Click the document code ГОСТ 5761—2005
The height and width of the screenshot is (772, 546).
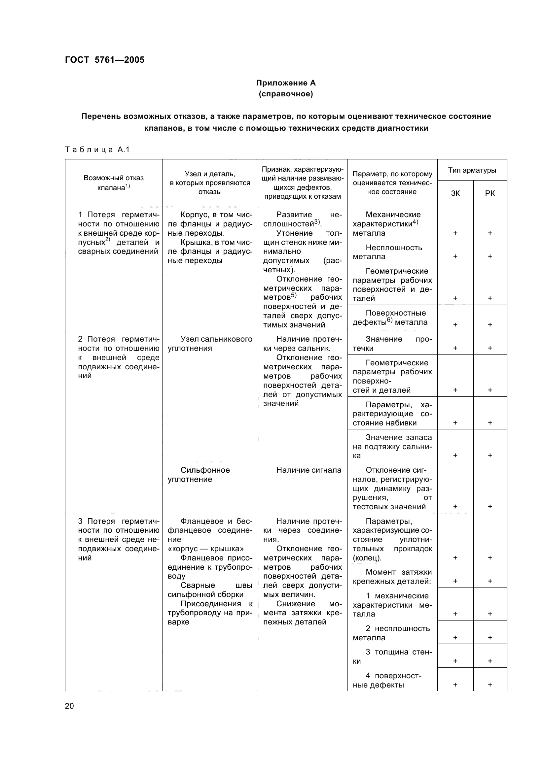pyautogui.click(x=105, y=60)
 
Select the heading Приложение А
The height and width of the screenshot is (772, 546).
pyautogui.click(x=286, y=83)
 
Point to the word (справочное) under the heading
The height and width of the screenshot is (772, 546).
pyautogui.click(x=286, y=94)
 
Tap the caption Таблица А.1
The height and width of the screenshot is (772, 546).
pyautogui.click(x=97, y=150)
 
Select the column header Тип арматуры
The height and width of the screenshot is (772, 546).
pyautogui.click(x=472, y=170)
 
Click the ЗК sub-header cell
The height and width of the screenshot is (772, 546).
pyautogui.click(x=455, y=193)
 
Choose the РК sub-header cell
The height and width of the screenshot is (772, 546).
pyautogui.click(x=490, y=193)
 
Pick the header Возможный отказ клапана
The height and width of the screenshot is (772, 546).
pyautogui.click(x=113, y=183)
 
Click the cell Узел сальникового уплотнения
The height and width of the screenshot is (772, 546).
pyautogui.click(x=210, y=343)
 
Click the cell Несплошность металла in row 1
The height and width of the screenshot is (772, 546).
pyautogui.click(x=392, y=252)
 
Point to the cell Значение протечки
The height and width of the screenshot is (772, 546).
pyautogui.click(x=392, y=343)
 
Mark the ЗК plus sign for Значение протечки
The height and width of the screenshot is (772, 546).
pyautogui.click(x=455, y=348)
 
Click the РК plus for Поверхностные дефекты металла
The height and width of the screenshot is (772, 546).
pyautogui.click(x=490, y=324)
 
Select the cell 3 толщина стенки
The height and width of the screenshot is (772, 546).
pyautogui.click(x=392, y=656)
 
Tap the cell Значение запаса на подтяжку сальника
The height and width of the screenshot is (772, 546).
pyautogui.click(x=392, y=446)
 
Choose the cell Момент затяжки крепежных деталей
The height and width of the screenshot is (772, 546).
pyautogui.click(x=392, y=576)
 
